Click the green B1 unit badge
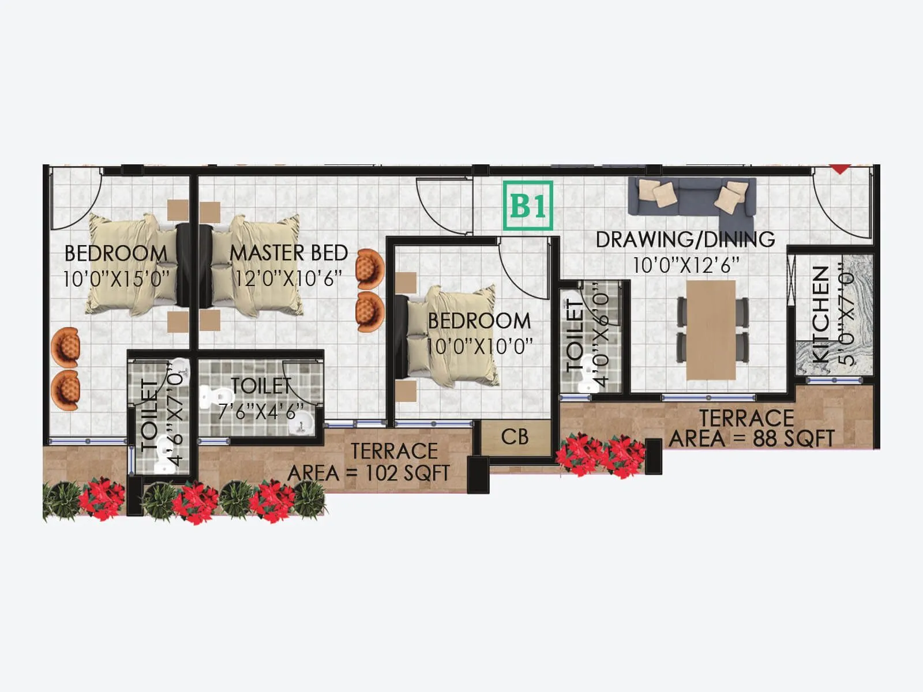(x=528, y=206)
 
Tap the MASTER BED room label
(x=288, y=253)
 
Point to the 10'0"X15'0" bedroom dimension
(x=116, y=279)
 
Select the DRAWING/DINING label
(x=685, y=239)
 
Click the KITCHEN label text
(x=820, y=314)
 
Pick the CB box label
(x=515, y=437)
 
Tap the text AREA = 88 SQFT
(x=752, y=439)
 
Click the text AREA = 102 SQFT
(x=369, y=473)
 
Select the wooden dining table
(x=711, y=330)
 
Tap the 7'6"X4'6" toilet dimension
(x=261, y=411)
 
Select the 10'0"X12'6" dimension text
(x=686, y=265)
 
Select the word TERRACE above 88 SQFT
(x=746, y=418)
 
